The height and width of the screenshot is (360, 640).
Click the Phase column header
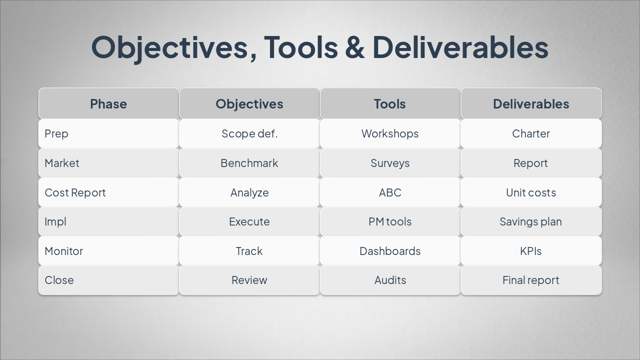coord(108,104)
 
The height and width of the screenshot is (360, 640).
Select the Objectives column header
coord(249,104)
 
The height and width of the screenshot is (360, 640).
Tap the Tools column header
coord(390,104)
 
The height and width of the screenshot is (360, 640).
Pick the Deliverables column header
coord(531,104)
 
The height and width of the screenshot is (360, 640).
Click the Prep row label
coord(56,133)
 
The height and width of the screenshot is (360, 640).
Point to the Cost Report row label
coord(75,192)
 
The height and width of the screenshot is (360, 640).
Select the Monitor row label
coord(64,251)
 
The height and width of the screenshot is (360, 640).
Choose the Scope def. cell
coord(249,133)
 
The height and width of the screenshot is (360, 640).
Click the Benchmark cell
coord(249,163)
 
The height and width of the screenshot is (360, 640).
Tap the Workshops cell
coord(390,133)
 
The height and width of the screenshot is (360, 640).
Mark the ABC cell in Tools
coord(390,192)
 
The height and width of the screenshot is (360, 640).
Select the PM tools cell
coord(390,221)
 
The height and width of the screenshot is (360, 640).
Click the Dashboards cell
coord(390,251)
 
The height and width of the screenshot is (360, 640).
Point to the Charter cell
coord(531,133)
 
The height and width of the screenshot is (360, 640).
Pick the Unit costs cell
coord(531,192)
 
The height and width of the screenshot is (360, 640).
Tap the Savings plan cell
coord(531,221)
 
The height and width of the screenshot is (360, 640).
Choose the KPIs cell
coord(531,251)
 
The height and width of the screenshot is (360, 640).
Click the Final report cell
coord(531,280)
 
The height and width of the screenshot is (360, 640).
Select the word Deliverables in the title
coord(460,47)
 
